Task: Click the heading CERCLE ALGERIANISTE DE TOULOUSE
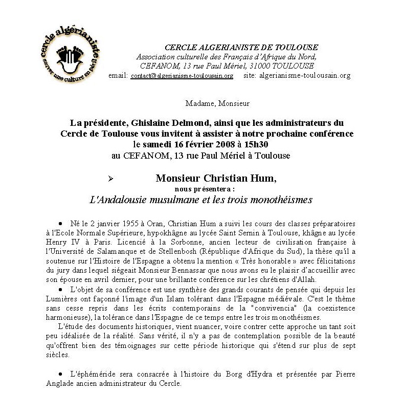pos(241,48)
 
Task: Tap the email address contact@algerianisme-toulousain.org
pos(182,76)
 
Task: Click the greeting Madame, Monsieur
pos(218,103)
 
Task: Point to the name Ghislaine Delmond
pos(166,123)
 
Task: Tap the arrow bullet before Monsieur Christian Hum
pos(112,179)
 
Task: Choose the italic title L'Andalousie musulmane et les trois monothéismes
pos(200,200)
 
